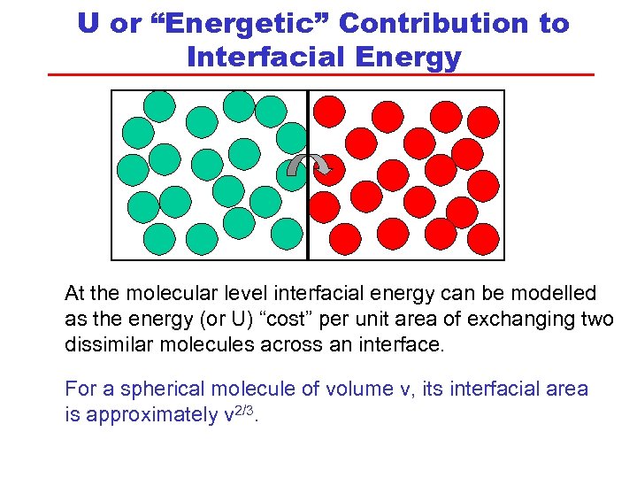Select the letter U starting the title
click(x=88, y=24)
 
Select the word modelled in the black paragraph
click(x=552, y=294)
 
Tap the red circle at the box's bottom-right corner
click(x=482, y=236)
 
